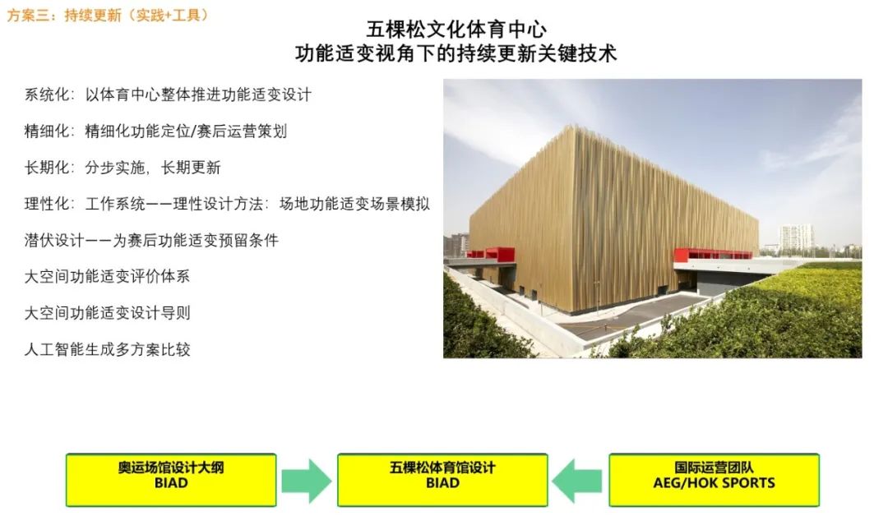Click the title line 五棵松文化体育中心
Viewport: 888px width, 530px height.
(456, 30)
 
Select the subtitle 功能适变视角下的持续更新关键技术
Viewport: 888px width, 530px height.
(456, 53)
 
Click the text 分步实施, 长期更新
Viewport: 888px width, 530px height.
(152, 168)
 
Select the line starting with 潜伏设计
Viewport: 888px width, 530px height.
(151, 240)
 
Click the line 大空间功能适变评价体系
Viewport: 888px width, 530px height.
(107, 276)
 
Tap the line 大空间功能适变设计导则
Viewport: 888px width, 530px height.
(107, 312)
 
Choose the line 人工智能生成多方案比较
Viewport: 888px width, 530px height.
(107, 349)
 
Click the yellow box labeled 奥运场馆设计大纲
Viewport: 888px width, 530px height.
(171, 480)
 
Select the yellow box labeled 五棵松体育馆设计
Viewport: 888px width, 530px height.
(442, 480)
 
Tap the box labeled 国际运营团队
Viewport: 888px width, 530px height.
(715, 480)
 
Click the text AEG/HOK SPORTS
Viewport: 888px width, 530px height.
(715, 483)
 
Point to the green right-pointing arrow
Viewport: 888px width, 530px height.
(307, 481)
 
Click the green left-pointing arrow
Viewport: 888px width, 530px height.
(577, 481)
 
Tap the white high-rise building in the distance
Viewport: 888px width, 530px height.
(796, 237)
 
